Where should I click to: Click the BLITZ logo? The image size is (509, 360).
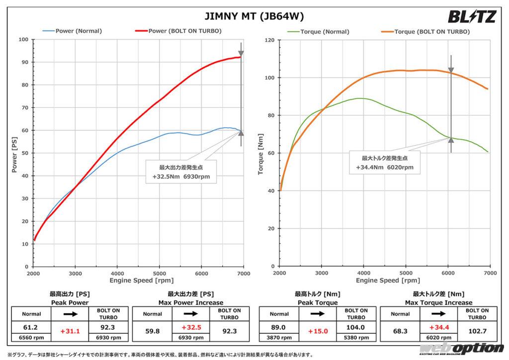tap(471, 17)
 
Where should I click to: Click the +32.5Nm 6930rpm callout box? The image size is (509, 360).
tap(181, 171)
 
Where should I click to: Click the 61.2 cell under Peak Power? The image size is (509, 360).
tap(31, 328)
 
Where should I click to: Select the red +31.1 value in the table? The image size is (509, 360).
tap(70, 331)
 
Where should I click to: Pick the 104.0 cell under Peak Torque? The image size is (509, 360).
tap(356, 328)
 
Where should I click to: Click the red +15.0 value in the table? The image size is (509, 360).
tap(318, 331)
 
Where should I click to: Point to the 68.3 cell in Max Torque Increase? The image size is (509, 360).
tap(400, 328)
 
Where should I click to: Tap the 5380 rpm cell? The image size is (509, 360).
tap(356, 337)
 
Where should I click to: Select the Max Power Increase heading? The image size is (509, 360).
tap(191, 302)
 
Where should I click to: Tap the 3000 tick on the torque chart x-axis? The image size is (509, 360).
tap(322, 273)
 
